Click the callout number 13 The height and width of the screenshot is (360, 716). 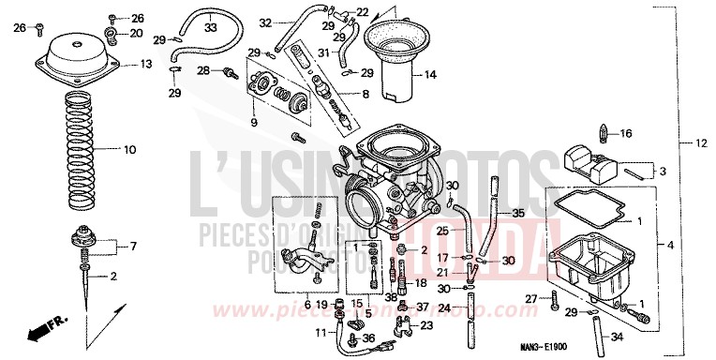tap(146, 65)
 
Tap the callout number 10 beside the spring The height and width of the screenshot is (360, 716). tap(129, 149)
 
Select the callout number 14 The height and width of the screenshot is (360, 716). tap(430, 75)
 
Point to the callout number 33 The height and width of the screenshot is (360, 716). tap(209, 29)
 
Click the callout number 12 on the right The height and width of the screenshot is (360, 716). tap(700, 143)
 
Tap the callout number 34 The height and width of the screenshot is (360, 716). tap(615, 336)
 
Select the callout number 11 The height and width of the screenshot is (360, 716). tap(320, 332)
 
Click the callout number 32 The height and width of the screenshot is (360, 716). tap(266, 22)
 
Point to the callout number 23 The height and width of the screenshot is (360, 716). tap(426, 325)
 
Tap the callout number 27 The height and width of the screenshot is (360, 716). tap(530, 298)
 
